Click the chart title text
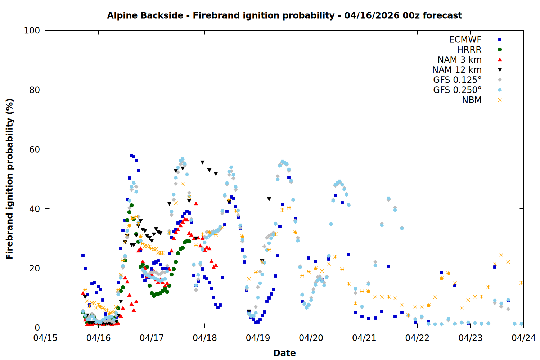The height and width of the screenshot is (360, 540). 284,15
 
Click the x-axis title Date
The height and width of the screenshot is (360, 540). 284,353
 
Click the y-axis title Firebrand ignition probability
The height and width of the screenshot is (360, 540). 10,179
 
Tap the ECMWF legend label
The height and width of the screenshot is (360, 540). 465,40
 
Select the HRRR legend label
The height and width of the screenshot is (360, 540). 469,50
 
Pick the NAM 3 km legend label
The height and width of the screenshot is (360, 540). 459,60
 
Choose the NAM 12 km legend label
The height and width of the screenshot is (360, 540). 457,70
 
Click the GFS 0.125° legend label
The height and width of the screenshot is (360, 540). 457,80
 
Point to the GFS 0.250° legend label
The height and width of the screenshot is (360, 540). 457,90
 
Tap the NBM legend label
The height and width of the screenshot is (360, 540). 472,100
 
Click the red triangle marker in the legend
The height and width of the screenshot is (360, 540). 500,59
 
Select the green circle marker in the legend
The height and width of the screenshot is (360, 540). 500,50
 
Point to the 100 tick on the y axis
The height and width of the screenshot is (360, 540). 32,31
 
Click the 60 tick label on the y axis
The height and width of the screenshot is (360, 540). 35,149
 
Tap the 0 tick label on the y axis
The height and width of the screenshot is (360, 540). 37,328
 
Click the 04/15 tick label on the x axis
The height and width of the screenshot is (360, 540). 45,338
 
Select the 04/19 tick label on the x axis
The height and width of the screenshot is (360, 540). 258,338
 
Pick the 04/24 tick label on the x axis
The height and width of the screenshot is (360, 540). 523,338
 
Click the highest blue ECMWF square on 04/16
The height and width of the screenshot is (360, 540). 131,156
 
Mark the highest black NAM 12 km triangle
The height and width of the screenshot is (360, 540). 202,162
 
